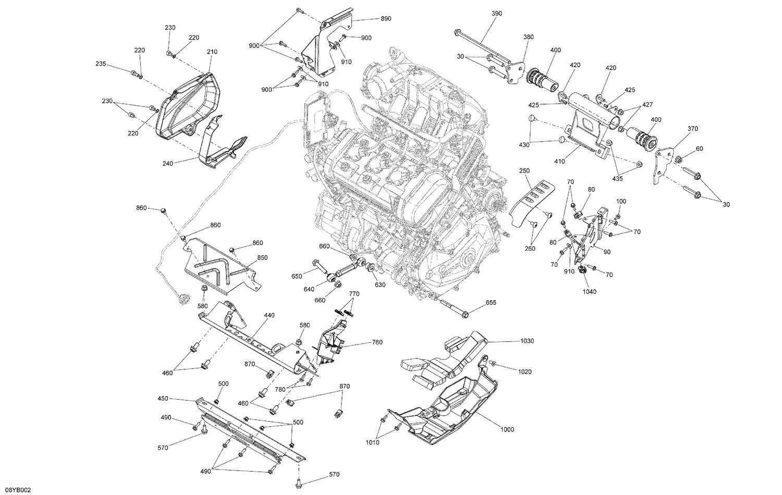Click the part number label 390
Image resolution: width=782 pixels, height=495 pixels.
click(x=496, y=14)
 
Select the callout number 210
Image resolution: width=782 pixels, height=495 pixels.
click(x=212, y=52)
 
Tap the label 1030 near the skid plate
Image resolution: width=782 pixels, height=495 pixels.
click(x=527, y=341)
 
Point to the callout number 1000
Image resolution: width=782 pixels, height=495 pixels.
click(x=506, y=429)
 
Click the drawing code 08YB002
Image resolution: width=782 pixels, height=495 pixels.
click(x=16, y=490)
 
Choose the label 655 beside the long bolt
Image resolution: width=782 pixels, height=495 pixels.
click(x=491, y=303)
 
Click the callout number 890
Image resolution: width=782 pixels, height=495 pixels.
click(x=385, y=18)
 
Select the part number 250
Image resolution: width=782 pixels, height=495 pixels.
click(x=524, y=171)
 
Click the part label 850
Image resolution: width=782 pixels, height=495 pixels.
click(x=262, y=257)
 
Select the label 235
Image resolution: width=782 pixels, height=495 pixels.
click(x=101, y=64)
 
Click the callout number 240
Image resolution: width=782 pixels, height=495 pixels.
click(x=167, y=163)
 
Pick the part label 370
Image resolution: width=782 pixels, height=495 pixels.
click(x=692, y=129)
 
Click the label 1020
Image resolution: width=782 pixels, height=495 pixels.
click(x=524, y=372)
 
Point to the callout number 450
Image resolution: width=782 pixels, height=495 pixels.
click(x=163, y=399)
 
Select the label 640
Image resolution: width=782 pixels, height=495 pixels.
click(x=309, y=290)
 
